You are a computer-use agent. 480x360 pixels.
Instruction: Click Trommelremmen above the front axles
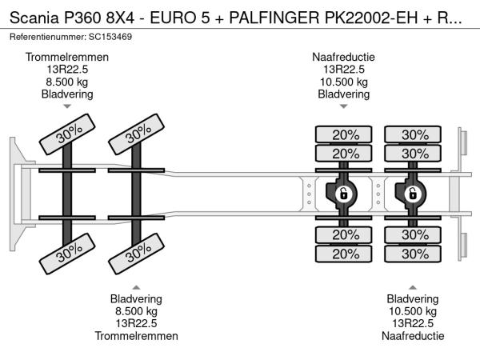point(67,57)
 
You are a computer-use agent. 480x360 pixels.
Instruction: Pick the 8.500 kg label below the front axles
point(136,311)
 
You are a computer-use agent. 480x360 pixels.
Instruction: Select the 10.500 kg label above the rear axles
point(344,82)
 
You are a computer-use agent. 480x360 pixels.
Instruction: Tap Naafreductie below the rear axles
point(412,336)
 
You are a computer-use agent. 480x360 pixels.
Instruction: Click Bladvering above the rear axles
point(344,94)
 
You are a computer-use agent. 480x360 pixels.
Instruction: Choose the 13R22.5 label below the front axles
point(136,323)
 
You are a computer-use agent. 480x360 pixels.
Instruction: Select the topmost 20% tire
point(345,134)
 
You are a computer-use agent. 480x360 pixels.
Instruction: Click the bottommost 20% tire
point(345,254)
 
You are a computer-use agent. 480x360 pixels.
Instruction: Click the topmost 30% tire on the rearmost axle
point(414,134)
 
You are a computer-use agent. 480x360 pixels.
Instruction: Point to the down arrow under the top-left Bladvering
point(67,106)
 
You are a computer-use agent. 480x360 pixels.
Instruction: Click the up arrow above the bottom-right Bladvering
point(412,286)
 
